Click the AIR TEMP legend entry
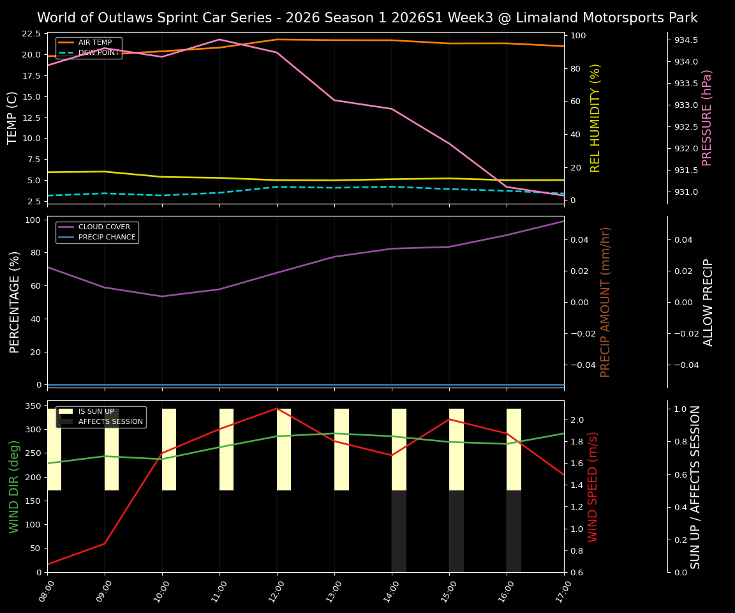pyautogui.click(x=94, y=42)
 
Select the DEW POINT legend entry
pyautogui.click(x=98, y=52)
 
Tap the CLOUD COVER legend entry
pyautogui.click(x=103, y=227)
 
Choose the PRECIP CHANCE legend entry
pyautogui.click(x=107, y=237)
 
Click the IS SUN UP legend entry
pyautogui.click(x=96, y=412)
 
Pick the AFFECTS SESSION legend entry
pyautogui.click(x=110, y=421)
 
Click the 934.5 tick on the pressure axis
pyautogui.click(x=686, y=40)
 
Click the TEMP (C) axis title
pyautogui.click(x=13, y=117)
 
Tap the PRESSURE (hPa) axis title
pyautogui.click(x=707, y=117)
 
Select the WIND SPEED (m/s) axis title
pyautogui.click(x=593, y=487)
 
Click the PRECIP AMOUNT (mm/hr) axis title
pyautogui.click(x=606, y=301)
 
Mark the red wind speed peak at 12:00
pyautogui.click(x=277, y=408)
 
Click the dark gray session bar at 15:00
pyautogui.click(x=456, y=531)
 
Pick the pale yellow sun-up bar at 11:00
pyautogui.click(x=226, y=450)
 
